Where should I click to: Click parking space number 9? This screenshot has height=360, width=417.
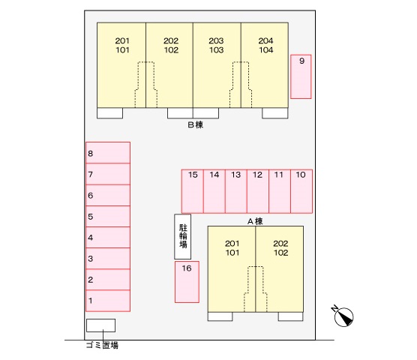[x=301, y=76]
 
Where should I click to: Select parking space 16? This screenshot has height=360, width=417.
[x=187, y=282]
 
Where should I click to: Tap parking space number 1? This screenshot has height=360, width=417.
[x=108, y=301]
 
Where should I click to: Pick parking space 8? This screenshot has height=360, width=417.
[x=108, y=152]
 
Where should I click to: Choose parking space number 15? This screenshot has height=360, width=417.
[x=193, y=191]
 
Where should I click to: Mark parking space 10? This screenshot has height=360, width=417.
[x=301, y=191]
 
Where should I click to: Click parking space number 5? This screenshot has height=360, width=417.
[x=108, y=216]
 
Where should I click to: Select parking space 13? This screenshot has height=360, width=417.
[x=236, y=191]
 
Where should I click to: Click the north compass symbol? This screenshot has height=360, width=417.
[x=343, y=316]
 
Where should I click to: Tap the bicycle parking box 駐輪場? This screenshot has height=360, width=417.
[x=183, y=237]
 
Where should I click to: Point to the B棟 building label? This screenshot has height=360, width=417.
[x=196, y=124]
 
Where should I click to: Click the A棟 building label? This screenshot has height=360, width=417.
[x=255, y=221]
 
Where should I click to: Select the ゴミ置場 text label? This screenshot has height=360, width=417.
[x=102, y=346]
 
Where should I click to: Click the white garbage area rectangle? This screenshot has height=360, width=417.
[x=100, y=325]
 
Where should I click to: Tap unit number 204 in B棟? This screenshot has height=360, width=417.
[x=265, y=40]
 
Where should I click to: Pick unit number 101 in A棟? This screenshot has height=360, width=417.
[x=232, y=253]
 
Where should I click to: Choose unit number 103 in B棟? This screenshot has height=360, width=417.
[x=217, y=50]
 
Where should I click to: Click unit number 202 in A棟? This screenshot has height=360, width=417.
[x=280, y=244]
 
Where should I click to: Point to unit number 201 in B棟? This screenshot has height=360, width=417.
[x=122, y=40]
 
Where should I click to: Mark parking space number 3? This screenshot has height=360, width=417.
[x=108, y=259]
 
